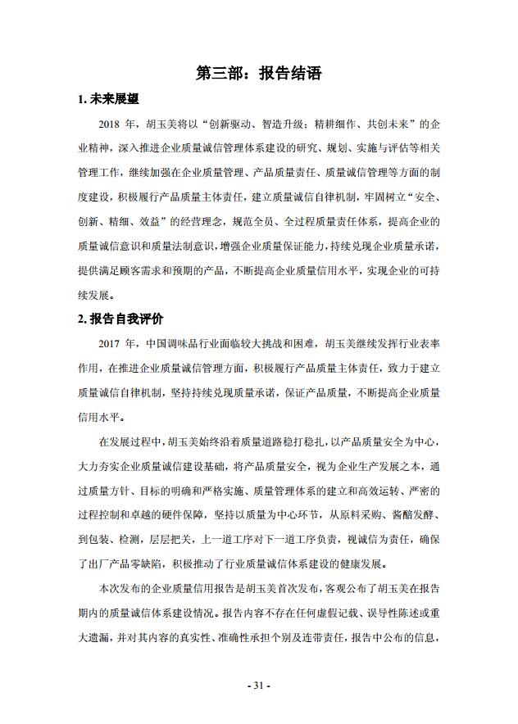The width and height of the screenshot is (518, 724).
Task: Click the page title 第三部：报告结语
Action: (258, 74)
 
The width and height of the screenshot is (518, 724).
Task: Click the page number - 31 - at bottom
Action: (258, 685)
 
